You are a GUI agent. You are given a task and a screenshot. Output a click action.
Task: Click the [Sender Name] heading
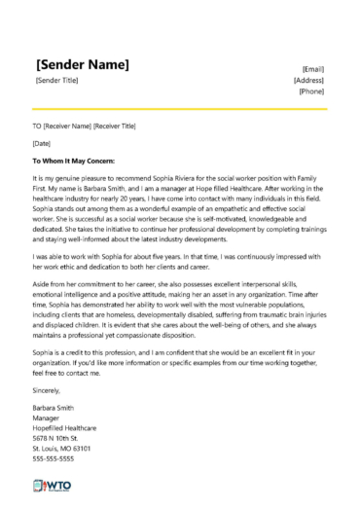[82, 64]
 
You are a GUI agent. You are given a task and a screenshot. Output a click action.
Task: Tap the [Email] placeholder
[313, 69]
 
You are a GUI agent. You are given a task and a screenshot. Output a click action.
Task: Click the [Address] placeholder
[308, 80]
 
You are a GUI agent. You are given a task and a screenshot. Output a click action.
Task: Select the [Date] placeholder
[41, 143]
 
